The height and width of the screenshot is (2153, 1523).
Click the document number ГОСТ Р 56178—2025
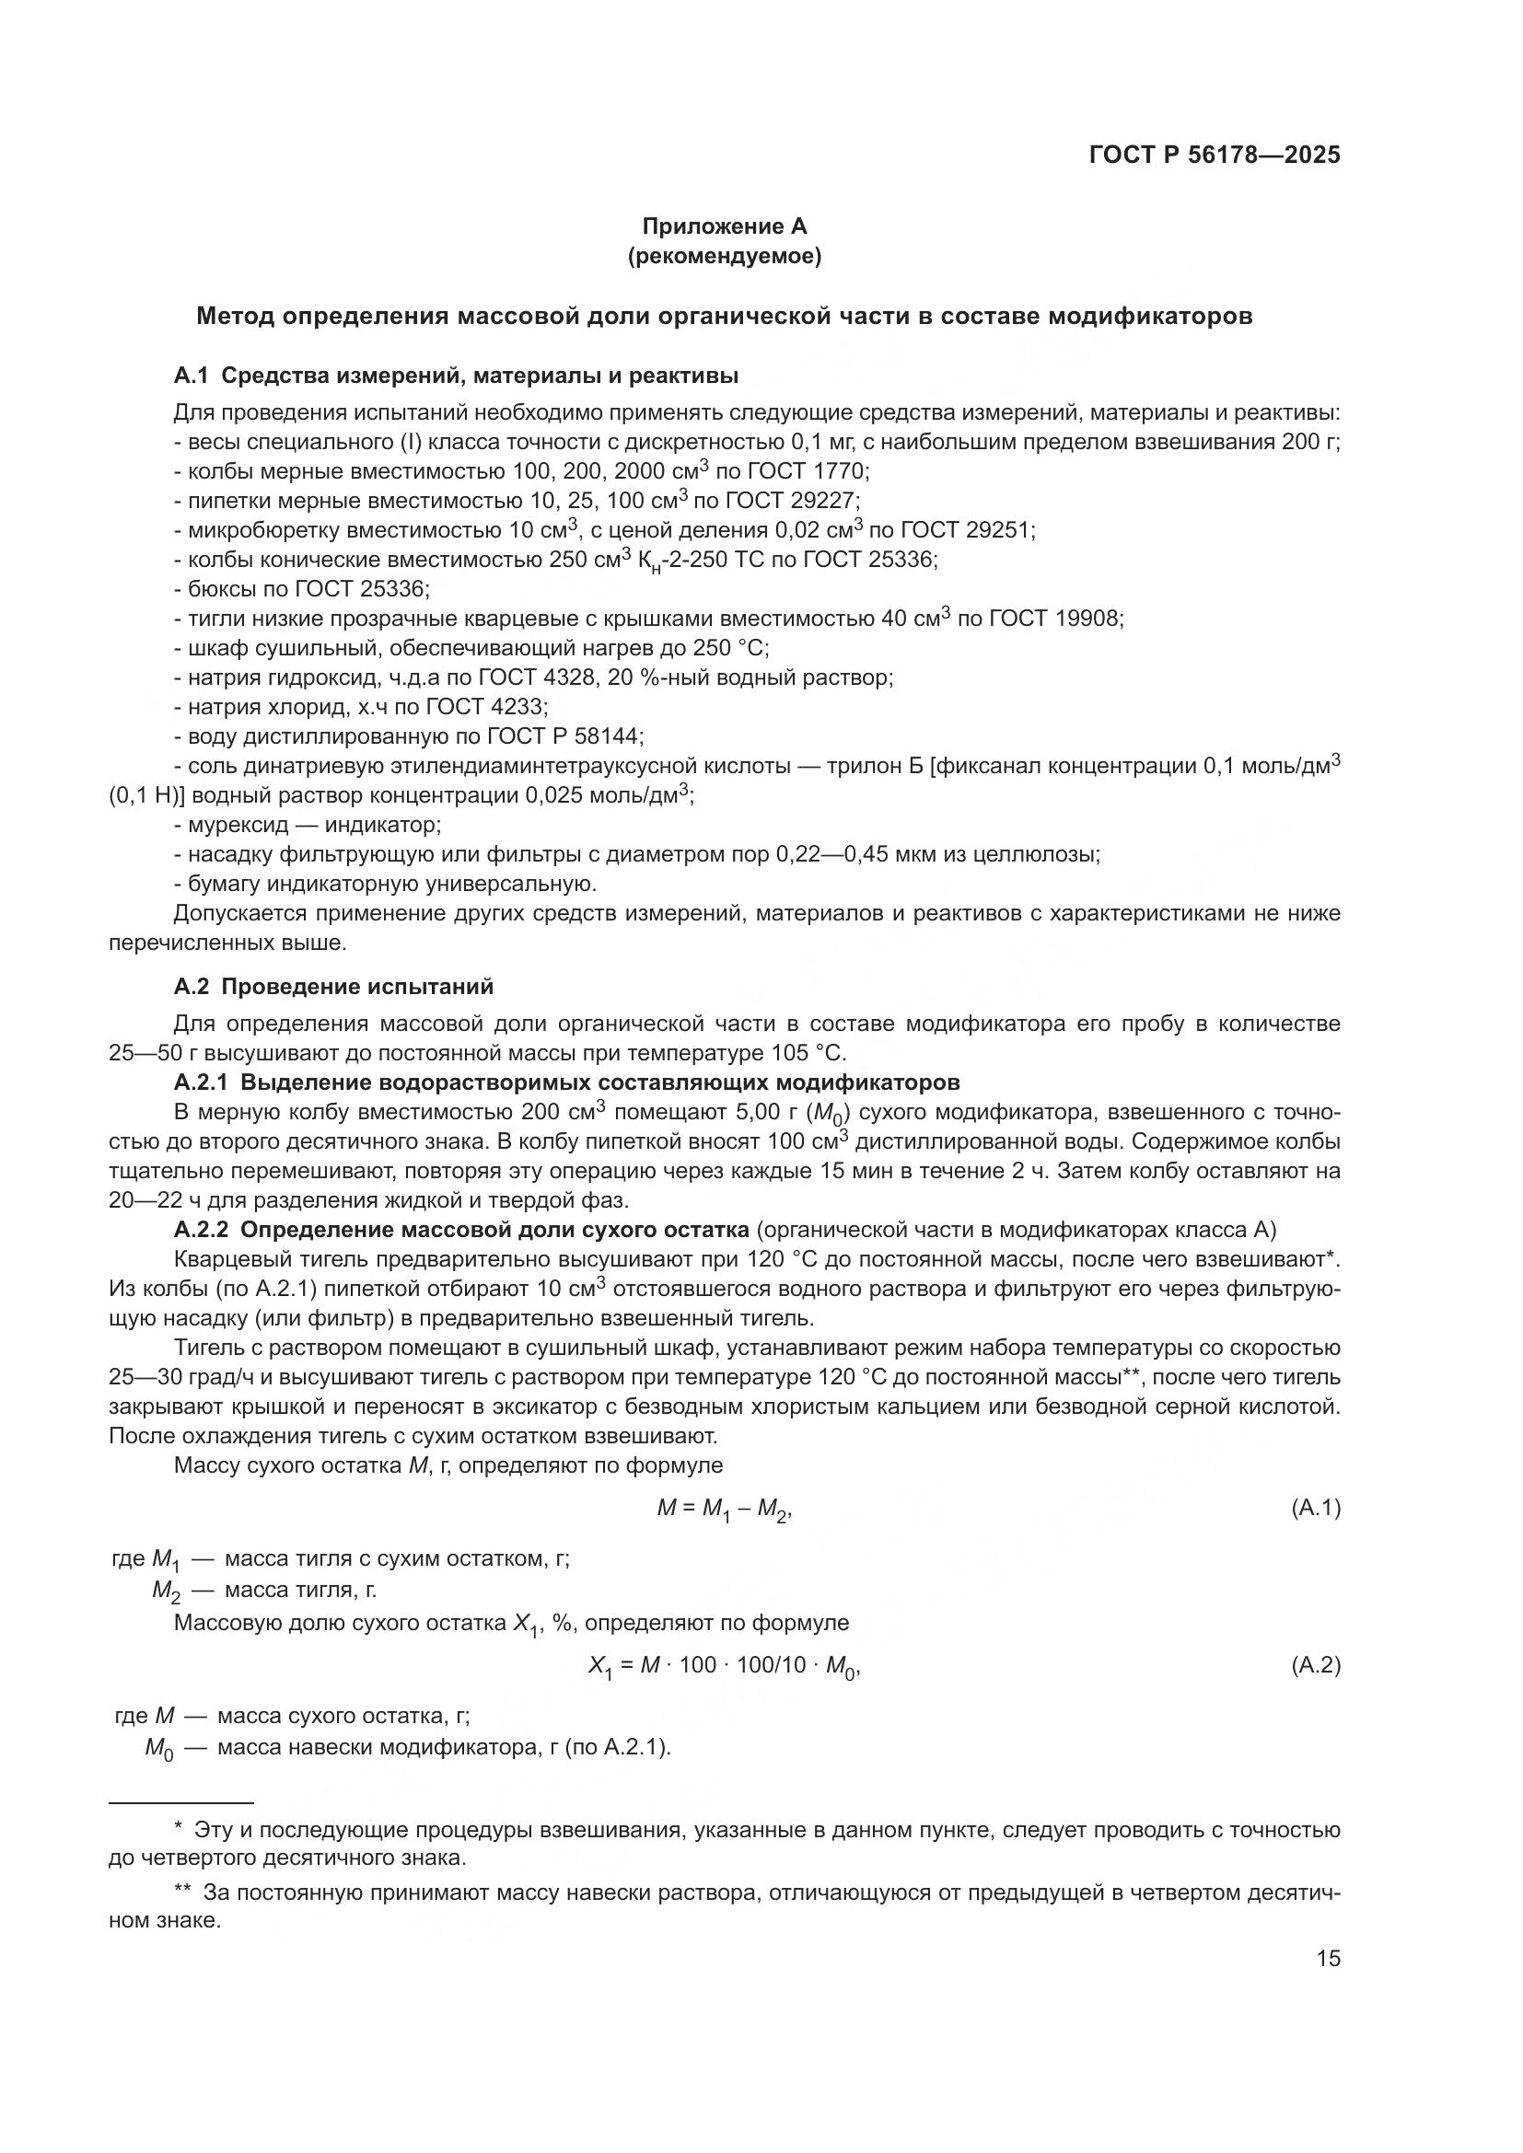pyautogui.click(x=1215, y=156)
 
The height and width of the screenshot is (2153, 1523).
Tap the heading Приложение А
pyautogui.click(x=724, y=226)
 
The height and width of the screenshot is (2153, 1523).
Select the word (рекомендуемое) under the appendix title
pyautogui.click(x=724, y=256)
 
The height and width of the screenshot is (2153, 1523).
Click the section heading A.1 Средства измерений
pyautogui.click(x=456, y=376)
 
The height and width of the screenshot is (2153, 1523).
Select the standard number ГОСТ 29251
pyautogui.click(x=953, y=531)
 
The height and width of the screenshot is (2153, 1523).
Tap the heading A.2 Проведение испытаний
pyautogui.click(x=333, y=987)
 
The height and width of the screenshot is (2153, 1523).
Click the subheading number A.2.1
pyautogui.click(x=201, y=1083)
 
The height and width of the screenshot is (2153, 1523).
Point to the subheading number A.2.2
pyautogui.click(x=201, y=1230)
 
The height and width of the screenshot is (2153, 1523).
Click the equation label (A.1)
pyautogui.click(x=1316, y=1508)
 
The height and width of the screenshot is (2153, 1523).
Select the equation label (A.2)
pyautogui.click(x=1316, y=1665)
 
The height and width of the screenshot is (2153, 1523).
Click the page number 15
pyautogui.click(x=1328, y=1958)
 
